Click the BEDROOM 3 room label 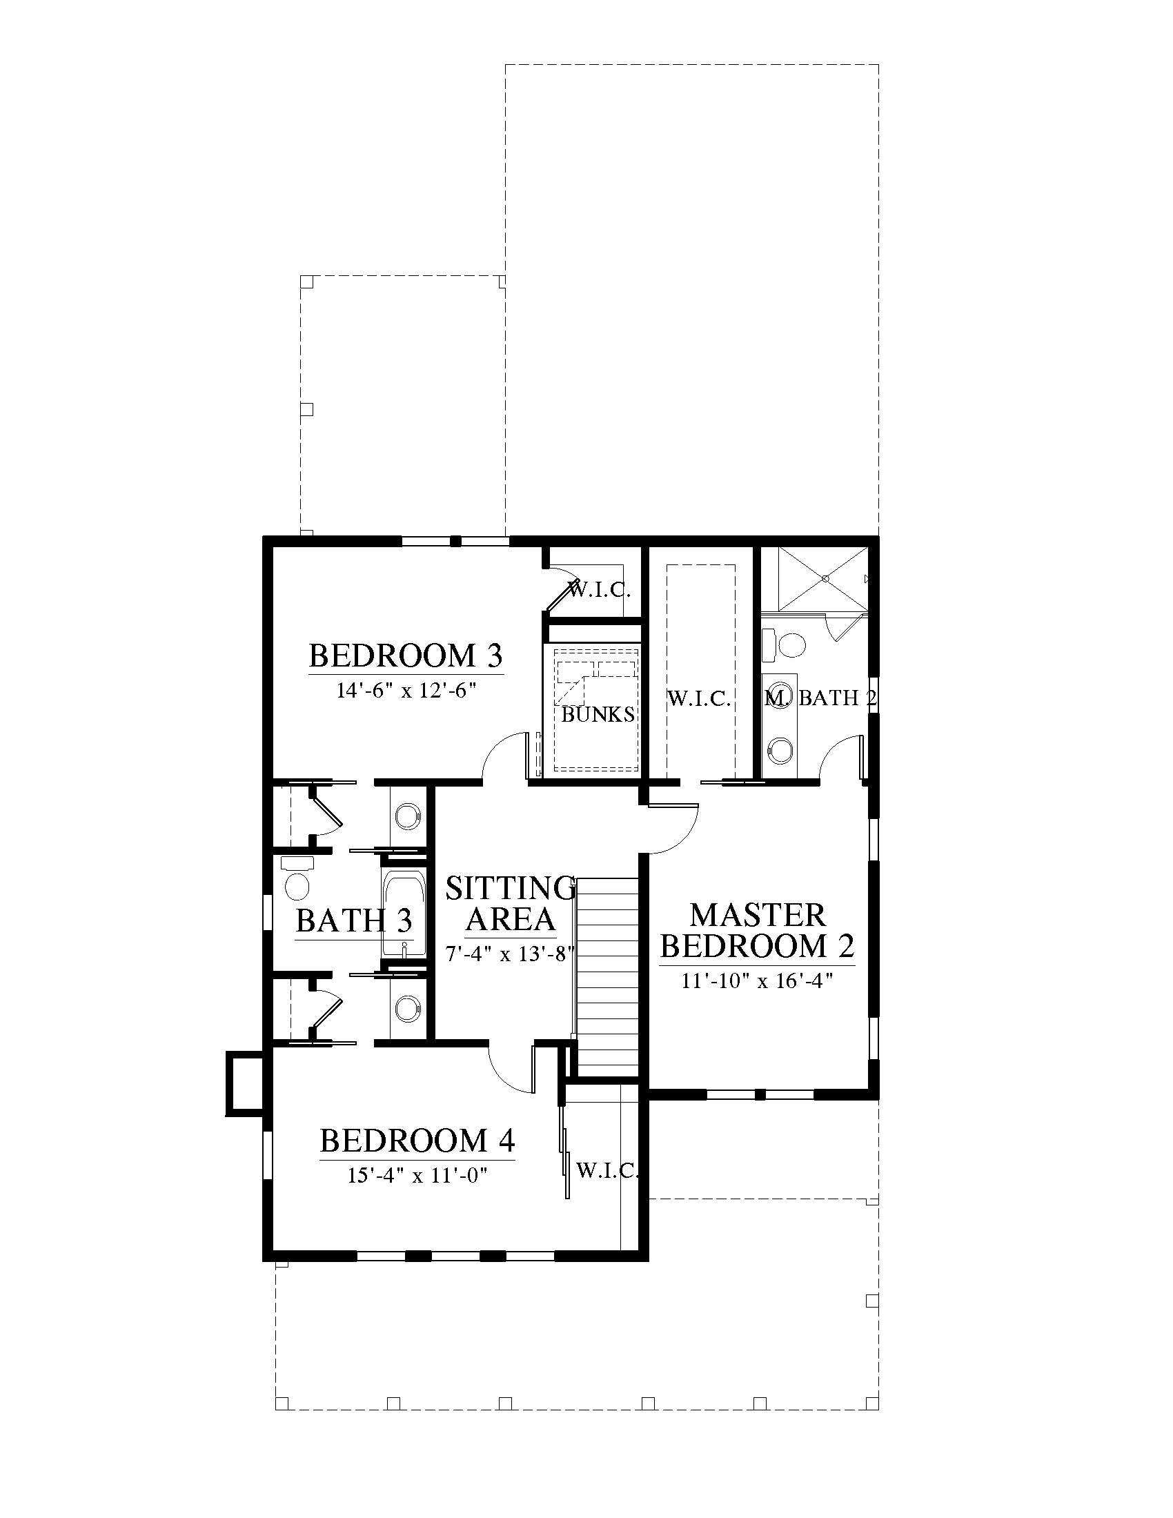(406, 655)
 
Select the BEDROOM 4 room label (417, 1141)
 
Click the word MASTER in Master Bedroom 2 (758, 915)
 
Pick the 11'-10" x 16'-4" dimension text (758, 980)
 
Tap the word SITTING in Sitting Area (511, 888)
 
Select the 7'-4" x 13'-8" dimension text (511, 954)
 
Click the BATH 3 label (354, 921)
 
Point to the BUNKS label (598, 715)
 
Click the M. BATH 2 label (820, 698)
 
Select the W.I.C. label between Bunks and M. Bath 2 (698, 698)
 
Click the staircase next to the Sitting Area (606, 977)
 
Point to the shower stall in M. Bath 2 (822, 578)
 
